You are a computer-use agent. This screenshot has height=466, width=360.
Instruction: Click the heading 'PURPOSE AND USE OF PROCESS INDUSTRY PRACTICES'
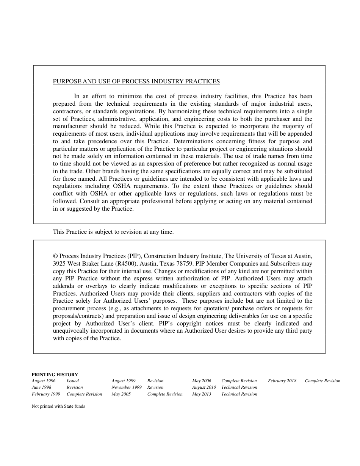pyautogui.click(x=136, y=81)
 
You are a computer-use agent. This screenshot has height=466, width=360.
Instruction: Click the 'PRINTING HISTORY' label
pyautogui.click(x=55, y=374)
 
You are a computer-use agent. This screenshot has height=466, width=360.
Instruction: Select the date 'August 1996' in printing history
pyautogui.click(x=44, y=381)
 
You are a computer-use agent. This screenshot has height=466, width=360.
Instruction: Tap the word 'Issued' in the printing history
pyautogui.click(x=73, y=381)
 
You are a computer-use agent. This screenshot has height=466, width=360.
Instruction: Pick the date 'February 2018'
pyautogui.click(x=282, y=381)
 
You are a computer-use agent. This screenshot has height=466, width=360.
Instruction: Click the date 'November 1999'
pyautogui.click(x=127, y=387)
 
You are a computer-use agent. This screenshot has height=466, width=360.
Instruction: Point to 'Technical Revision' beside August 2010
pyautogui.click(x=239, y=387)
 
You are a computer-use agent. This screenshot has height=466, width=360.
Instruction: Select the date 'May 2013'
pyautogui.click(x=202, y=394)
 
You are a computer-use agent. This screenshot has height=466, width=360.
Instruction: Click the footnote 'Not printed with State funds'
pyautogui.click(x=58, y=406)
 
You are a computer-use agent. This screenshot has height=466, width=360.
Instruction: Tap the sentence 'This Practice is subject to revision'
pyautogui.click(x=113, y=232)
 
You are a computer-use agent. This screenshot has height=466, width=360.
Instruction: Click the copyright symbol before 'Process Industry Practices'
pyautogui.click(x=55, y=256)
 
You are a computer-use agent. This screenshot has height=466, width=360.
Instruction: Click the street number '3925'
pyautogui.click(x=59, y=264)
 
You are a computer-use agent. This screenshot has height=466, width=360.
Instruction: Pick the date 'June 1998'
pyautogui.click(x=41, y=387)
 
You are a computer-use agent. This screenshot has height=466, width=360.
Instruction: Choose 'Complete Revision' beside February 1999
pyautogui.click(x=84, y=394)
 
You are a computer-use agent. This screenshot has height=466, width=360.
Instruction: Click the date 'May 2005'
pyautogui.click(x=121, y=394)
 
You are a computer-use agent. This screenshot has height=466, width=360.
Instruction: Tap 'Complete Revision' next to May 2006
pyautogui.click(x=239, y=381)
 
